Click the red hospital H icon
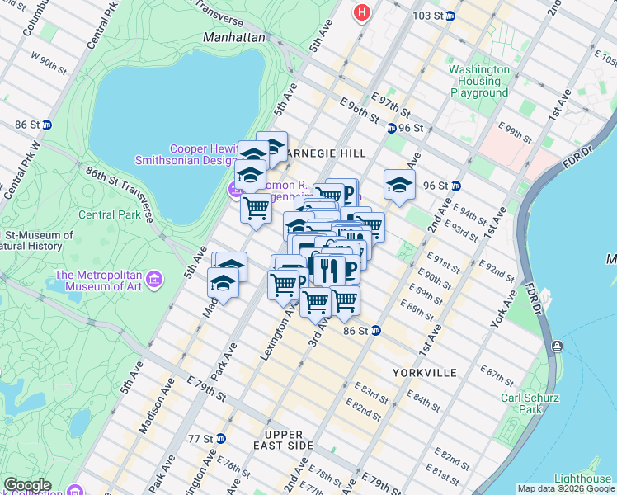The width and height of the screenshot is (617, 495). (360, 12)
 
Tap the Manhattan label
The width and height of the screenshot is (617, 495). (235, 38)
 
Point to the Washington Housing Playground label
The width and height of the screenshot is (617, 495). (479, 81)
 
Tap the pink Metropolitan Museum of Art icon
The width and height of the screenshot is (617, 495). (153, 281)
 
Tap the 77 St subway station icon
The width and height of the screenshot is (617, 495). (220, 437)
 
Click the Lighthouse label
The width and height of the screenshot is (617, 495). (582, 479)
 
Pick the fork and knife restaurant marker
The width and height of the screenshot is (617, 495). (328, 269)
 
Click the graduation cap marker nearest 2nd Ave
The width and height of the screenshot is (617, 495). (398, 186)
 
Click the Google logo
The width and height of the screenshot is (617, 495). (27, 485)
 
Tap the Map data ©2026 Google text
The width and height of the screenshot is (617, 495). (566, 488)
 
